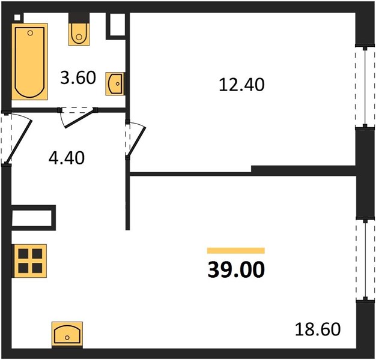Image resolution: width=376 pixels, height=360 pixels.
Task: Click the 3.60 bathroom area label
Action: pyautogui.click(x=78, y=77)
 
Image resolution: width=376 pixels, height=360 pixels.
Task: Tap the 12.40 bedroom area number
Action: pyautogui.click(x=241, y=85)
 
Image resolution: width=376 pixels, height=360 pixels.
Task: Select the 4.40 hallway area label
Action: pyautogui.click(x=67, y=158)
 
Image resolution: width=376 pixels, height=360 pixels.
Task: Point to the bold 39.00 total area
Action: pyautogui.click(x=236, y=269)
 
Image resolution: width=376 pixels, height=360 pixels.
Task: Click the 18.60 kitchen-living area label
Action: pyautogui.click(x=318, y=329)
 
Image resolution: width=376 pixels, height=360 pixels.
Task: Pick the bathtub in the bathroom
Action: pyautogui.click(x=30, y=62)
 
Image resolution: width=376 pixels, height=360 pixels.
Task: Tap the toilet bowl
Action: pyautogui.click(x=79, y=34)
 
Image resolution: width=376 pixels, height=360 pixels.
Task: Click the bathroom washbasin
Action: pyautogui.click(x=115, y=83)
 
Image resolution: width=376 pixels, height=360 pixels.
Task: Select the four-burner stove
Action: pyautogui.click(x=30, y=261)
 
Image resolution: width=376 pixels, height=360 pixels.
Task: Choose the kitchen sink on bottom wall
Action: pyautogui.click(x=67, y=335)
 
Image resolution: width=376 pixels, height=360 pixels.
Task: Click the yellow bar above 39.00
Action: pyautogui.click(x=236, y=251)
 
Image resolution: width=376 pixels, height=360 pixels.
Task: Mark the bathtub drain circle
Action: pyautogui.click(x=30, y=33)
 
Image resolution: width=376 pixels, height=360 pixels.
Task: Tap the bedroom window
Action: pyautogui.click(x=365, y=86)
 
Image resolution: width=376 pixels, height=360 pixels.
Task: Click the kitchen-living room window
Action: pyautogui.click(x=365, y=260)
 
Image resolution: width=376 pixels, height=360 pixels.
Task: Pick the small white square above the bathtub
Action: pyautogui.click(x=17, y=17)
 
